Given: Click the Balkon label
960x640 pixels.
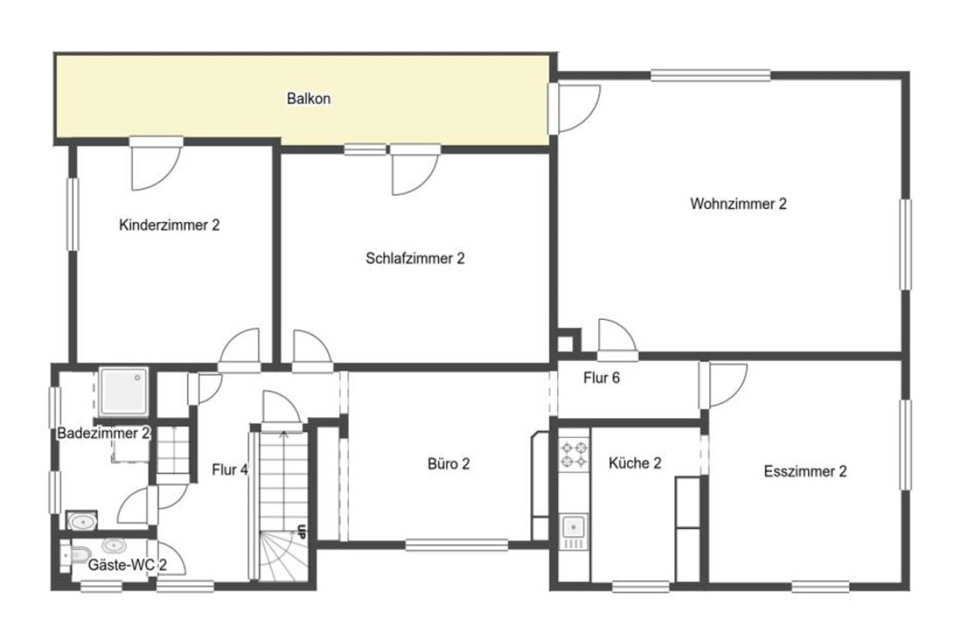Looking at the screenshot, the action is tap(309, 99).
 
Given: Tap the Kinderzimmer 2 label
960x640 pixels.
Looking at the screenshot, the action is tap(169, 224).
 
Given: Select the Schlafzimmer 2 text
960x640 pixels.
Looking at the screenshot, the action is tap(415, 258).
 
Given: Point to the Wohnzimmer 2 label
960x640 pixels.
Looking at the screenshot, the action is tap(739, 204).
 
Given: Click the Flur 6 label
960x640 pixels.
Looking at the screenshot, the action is tap(601, 378).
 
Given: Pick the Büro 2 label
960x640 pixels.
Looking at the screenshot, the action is tap(448, 463).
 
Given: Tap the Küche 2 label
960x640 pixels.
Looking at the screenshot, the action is tap(634, 463).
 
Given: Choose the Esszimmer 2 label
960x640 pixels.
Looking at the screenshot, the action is tap(806, 471).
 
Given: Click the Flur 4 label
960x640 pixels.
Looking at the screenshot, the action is tap(230, 470).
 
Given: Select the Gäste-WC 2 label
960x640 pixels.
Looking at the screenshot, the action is tap(127, 565).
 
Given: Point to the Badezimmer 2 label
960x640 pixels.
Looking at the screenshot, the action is tap(103, 433).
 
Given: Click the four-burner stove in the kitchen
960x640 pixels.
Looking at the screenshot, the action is tap(574, 455).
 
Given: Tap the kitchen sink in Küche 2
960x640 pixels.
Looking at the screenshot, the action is tap(573, 533).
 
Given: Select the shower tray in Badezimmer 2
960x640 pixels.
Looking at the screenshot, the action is tap(123, 392).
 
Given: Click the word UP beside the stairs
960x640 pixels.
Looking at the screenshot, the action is tap(302, 531).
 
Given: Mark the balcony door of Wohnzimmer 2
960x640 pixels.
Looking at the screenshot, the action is tap(574, 109).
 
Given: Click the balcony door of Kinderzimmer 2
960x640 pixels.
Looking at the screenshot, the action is tap(156, 163).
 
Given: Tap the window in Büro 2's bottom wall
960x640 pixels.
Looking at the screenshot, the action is tap(456, 545).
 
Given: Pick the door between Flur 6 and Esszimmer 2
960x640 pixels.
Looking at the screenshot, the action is tap(722, 386).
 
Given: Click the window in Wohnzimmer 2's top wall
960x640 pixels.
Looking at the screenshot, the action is tap(711, 76).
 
